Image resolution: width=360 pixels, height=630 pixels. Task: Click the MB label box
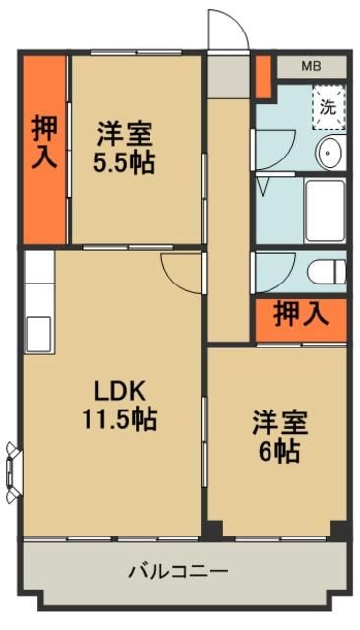point(311,66)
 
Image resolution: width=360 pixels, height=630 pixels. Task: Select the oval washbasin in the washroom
point(330,152)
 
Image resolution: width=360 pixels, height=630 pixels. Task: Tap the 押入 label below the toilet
point(300,315)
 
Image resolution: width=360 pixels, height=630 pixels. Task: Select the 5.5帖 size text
point(124,162)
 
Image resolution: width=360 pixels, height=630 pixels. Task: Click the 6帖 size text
point(280,452)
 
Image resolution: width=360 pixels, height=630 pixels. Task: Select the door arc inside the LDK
point(179,269)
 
